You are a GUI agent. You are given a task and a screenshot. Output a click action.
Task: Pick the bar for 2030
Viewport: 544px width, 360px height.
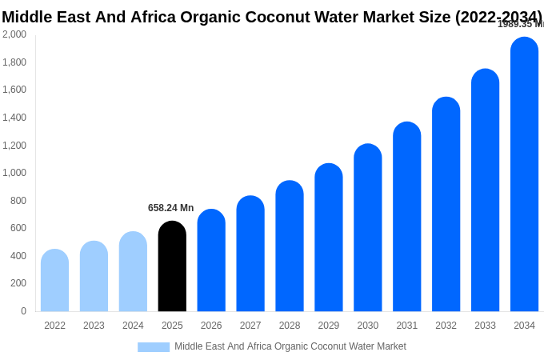tap(368, 228)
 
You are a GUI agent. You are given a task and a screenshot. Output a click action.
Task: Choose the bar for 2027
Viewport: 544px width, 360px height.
tap(250, 254)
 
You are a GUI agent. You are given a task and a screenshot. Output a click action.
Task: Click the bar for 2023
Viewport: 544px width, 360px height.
tap(94, 276)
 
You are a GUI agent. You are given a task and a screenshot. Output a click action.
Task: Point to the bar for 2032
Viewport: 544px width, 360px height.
tap(446, 204)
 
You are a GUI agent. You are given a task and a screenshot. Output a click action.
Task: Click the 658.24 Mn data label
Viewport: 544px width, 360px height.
tap(170, 208)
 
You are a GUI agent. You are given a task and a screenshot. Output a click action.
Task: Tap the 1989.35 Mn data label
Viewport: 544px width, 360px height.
tap(520, 24)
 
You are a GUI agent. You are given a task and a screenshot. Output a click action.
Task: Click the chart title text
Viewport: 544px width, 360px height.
tap(272, 17)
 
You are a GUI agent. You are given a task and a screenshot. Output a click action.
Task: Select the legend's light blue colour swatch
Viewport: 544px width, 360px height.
tap(154, 347)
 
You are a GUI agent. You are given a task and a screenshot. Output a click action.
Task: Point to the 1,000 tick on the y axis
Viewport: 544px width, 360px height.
tap(14, 173)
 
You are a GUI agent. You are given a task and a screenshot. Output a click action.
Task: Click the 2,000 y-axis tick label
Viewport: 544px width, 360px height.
tap(14, 34)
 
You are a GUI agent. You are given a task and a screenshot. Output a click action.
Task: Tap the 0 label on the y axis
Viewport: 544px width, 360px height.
tap(23, 311)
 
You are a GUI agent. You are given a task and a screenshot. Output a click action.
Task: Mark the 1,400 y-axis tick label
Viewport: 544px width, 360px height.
tap(14, 118)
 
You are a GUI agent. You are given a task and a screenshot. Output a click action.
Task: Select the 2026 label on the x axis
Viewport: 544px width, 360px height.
tap(211, 326)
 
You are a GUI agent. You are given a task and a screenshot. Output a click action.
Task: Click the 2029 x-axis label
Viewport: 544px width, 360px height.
tap(329, 326)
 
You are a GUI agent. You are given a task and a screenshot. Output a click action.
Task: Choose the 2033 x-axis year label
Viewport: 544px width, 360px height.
tap(485, 326)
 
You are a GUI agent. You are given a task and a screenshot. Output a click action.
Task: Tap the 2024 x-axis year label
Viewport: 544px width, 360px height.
tap(133, 326)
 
